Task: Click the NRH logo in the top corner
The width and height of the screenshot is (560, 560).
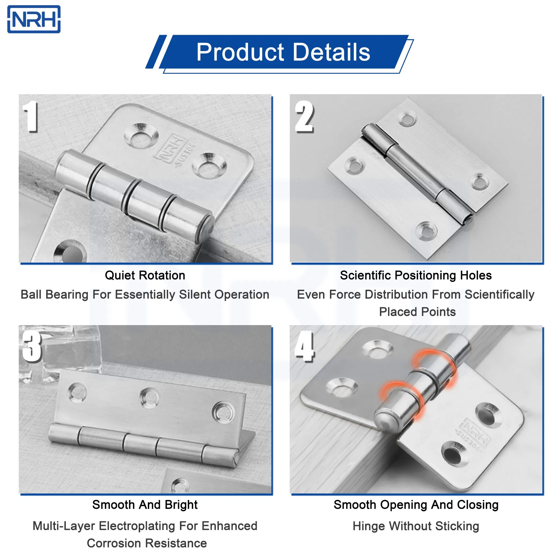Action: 34,19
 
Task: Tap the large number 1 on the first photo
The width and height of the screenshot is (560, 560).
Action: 31,116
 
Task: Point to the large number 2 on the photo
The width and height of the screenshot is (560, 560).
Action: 304,116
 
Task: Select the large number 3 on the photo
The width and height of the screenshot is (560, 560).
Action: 32,346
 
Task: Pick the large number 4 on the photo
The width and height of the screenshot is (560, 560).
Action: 304,346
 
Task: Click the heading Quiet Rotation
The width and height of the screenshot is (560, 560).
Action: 145,275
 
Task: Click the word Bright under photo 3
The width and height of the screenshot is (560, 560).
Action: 181,505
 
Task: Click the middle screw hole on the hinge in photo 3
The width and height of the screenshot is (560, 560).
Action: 149,398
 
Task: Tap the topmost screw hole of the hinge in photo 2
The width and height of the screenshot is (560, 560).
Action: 408,119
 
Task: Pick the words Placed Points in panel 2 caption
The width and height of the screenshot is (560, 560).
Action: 418,312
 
